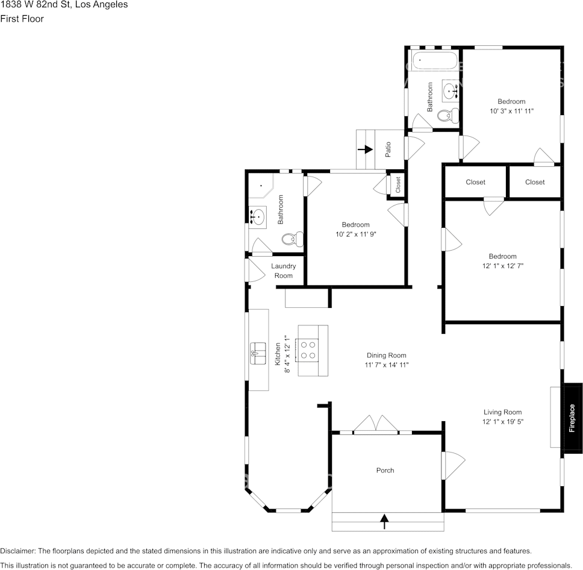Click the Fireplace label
coord(572,418)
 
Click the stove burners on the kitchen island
coord(308,350)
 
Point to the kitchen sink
coord(258,351)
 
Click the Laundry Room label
coord(283,271)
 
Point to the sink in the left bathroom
coord(258,216)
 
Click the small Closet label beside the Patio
coord(397,185)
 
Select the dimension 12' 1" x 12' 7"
coord(502,266)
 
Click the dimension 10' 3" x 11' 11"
coord(511,111)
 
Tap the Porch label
coord(385,470)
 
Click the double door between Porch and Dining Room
coord(375,424)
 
